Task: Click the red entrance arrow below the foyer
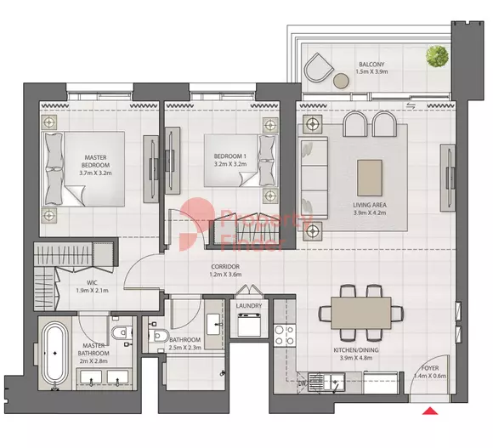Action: click(x=430, y=411)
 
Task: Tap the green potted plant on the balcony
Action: click(x=437, y=56)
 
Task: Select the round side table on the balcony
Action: click(x=341, y=81)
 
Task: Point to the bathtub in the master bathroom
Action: click(x=54, y=354)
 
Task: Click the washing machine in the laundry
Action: click(x=249, y=325)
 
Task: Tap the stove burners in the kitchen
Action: click(x=285, y=335)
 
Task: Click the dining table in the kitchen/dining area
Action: click(x=361, y=313)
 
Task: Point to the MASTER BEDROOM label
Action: click(x=95, y=162)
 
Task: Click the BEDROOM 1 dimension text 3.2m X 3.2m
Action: click(x=230, y=164)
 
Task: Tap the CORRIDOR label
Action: click(x=225, y=267)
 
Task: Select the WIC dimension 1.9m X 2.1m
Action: click(x=92, y=291)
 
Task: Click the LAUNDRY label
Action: click(x=249, y=305)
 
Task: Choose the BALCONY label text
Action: click(x=371, y=64)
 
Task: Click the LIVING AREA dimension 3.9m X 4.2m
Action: click(x=370, y=213)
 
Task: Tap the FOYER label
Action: click(x=430, y=368)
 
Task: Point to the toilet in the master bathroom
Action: click(x=120, y=332)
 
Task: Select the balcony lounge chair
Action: click(x=318, y=68)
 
